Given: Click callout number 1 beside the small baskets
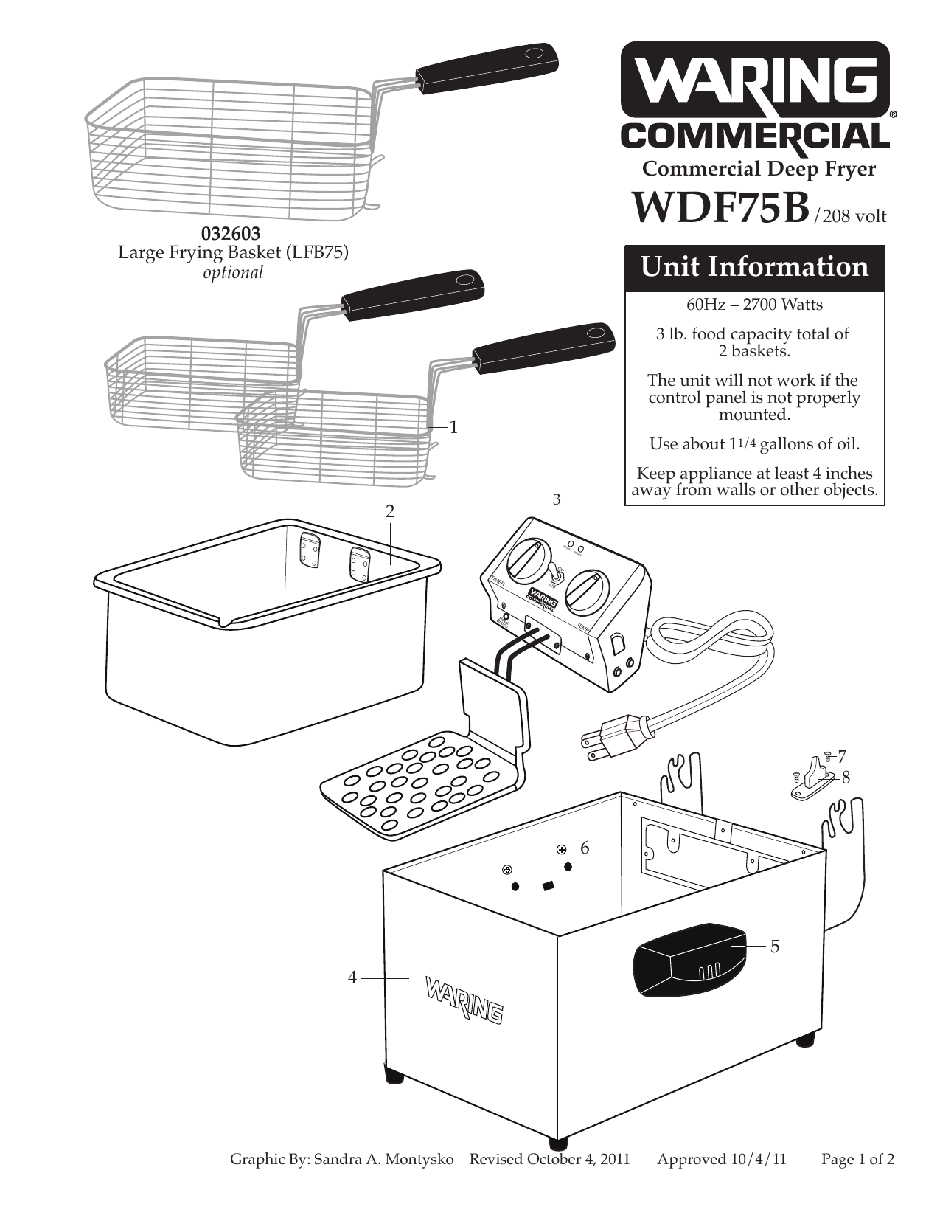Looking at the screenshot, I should (454, 427).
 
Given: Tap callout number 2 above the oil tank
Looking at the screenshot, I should (390, 511).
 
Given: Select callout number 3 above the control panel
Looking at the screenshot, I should (557, 499).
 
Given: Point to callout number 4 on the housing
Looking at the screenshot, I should (352, 977).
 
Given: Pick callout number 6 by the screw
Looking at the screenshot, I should (585, 848).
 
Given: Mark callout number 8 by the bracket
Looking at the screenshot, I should (846, 777).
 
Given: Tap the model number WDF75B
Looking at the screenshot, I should (720, 209).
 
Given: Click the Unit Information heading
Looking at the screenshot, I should (754, 266).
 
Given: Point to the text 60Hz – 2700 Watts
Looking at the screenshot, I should (754, 304).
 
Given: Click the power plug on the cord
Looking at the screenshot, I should (618, 738).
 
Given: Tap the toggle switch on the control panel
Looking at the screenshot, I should (555, 574).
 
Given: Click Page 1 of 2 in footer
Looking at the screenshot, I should (857, 1159).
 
